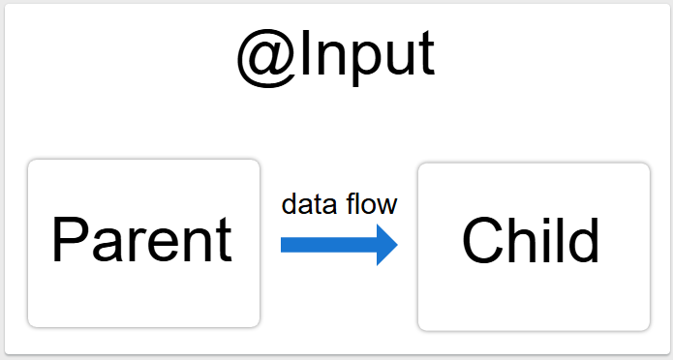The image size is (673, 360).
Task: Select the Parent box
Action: coord(143,243)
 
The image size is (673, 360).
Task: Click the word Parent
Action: coord(141,240)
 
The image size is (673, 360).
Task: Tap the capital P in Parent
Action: coord(69,239)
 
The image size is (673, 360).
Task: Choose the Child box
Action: coord(533,247)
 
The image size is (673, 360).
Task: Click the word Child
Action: coord(532,240)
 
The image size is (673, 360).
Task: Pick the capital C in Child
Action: coord(481,240)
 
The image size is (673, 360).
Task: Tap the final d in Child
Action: coord(584,239)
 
